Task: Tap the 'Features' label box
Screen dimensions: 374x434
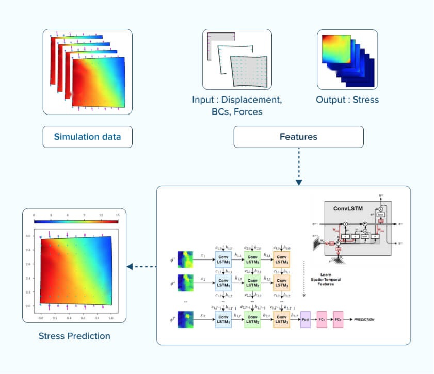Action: pyautogui.click(x=298, y=137)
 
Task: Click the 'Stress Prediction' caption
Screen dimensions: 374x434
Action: pyautogui.click(x=74, y=336)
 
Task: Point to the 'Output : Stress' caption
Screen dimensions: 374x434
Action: pyautogui.click(x=347, y=100)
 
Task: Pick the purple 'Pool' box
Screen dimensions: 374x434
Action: pyautogui.click(x=304, y=319)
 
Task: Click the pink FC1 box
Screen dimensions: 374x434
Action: pyautogui.click(x=322, y=319)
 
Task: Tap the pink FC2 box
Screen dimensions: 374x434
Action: pyautogui.click(x=339, y=319)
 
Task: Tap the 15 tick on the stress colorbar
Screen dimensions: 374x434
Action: pyautogui.click(x=118, y=215)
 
